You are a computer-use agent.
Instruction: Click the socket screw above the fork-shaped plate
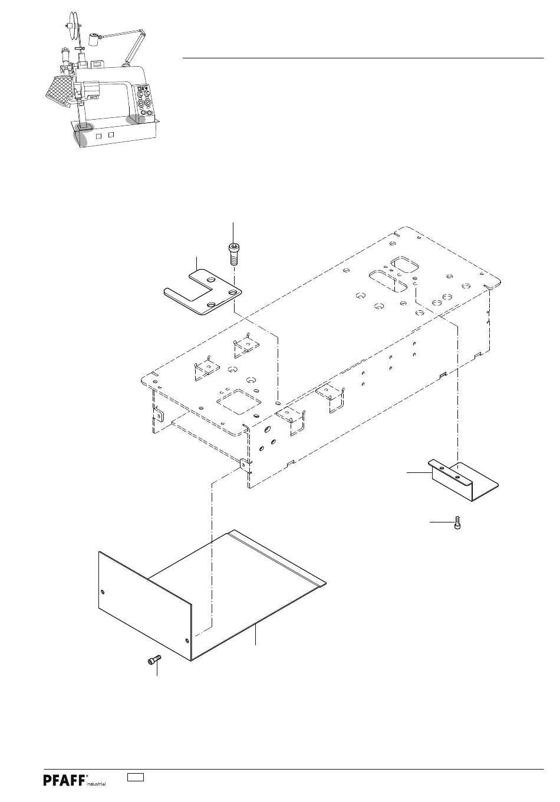(233, 254)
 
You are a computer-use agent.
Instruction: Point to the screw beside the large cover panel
(154, 659)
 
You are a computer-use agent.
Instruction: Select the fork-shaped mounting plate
(203, 291)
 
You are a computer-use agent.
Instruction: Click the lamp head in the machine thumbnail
(93, 39)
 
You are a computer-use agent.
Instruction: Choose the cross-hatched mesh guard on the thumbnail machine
(60, 89)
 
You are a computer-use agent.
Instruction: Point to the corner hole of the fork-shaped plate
(233, 293)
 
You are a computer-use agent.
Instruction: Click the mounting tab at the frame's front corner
(244, 464)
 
